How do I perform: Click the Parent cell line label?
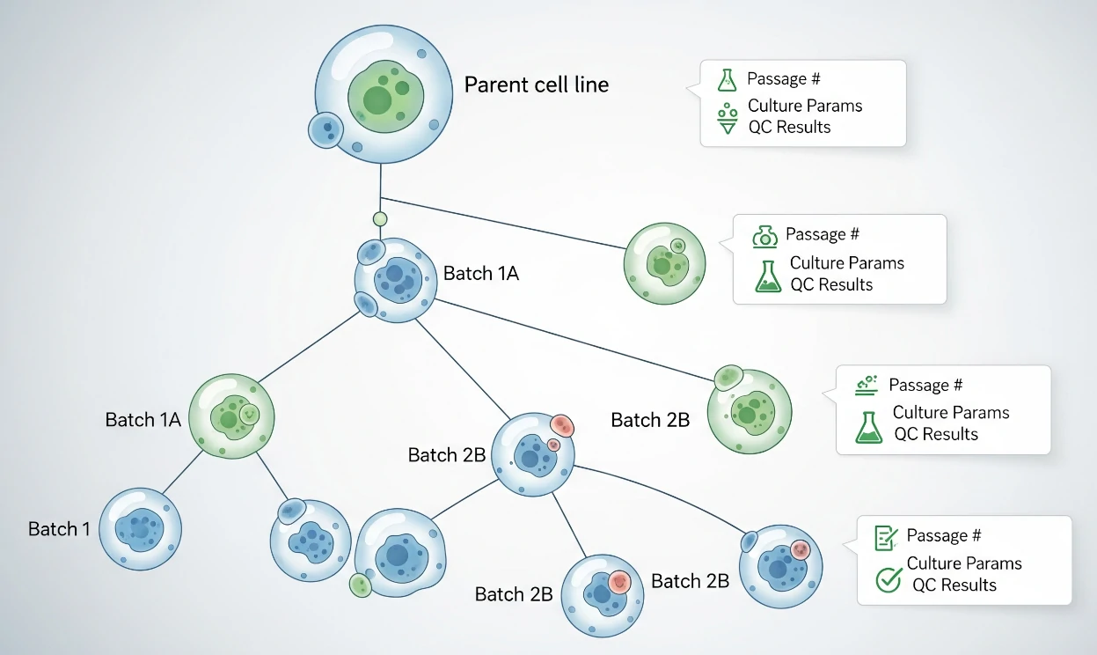coord(536,85)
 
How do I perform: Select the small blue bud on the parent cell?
coord(326,130)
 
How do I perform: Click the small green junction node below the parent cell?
coord(380,218)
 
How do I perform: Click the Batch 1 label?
coord(59,529)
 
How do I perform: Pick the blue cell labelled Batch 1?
coord(140,529)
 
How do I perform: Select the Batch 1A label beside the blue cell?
coord(481,274)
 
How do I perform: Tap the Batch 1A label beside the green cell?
coord(143,420)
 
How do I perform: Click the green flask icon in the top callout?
coord(727,79)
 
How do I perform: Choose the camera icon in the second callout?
coord(764,236)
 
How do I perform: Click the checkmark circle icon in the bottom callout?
coord(889,579)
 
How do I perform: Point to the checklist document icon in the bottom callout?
coord(885,537)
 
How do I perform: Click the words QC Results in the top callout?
coord(789,127)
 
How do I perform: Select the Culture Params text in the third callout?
coord(950,412)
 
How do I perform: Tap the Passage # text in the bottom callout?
coord(943,536)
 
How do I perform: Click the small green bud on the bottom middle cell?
coord(359,585)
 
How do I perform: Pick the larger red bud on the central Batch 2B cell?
coord(561,427)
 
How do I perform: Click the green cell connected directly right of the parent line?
coord(664,262)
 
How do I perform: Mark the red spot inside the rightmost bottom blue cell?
coord(799,550)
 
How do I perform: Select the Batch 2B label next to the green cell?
coord(650,420)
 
